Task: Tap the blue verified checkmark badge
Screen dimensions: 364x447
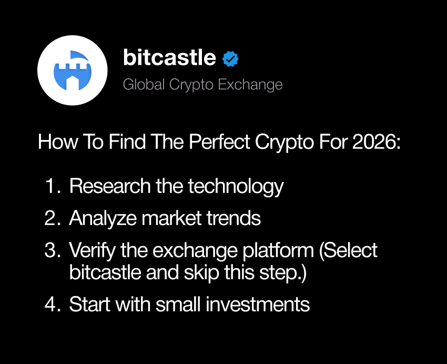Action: pos(230,59)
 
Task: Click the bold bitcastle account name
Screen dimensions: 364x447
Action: pos(169,58)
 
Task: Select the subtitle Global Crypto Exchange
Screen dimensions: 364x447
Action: pos(202,85)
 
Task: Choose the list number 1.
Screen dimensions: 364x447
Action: pos(52,186)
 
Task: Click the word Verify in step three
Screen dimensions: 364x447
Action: pos(92,250)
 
